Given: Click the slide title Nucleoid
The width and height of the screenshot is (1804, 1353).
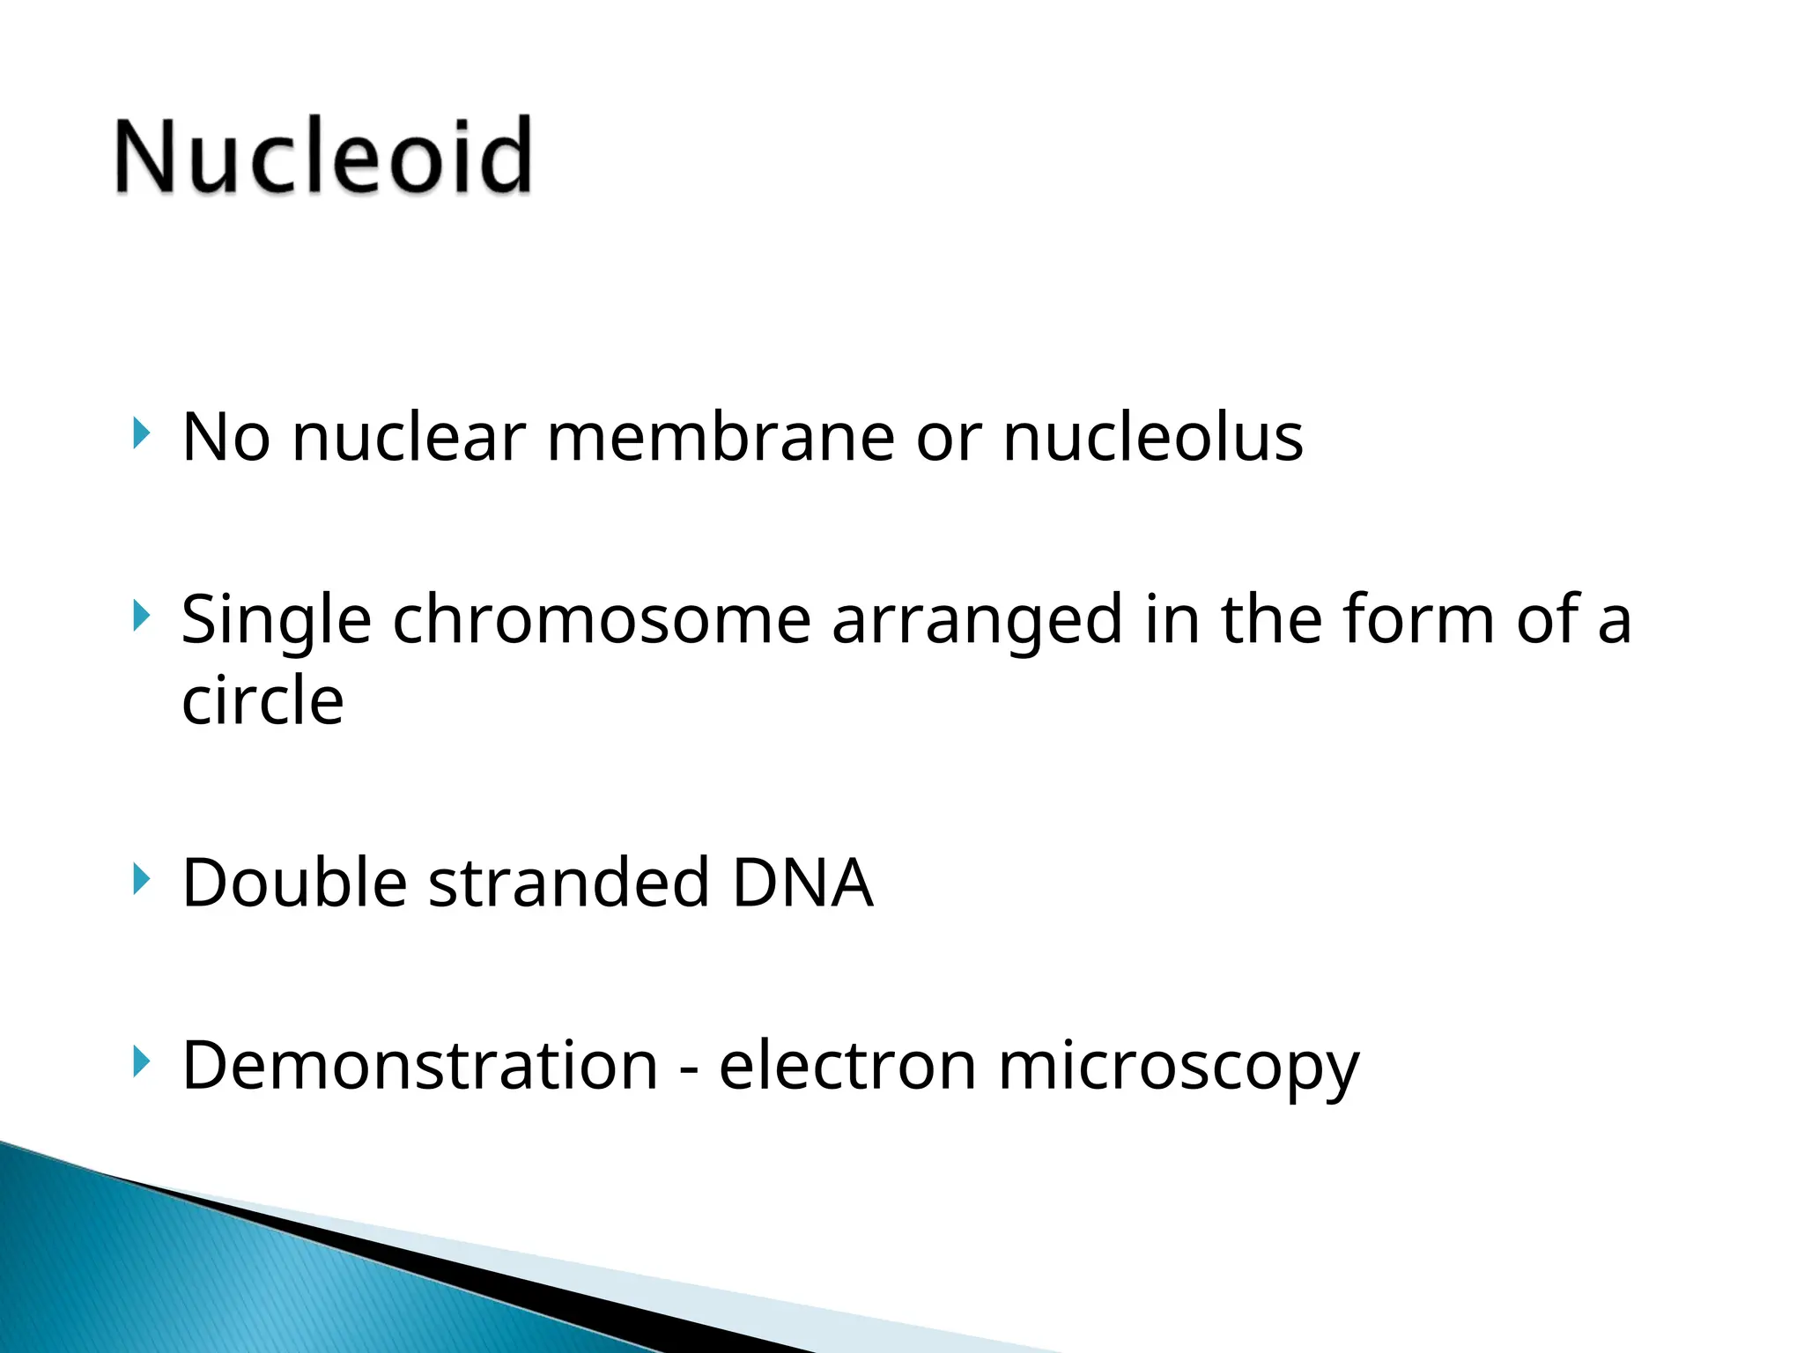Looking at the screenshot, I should click(323, 156).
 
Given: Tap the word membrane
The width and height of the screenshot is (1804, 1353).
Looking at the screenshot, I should click(721, 438).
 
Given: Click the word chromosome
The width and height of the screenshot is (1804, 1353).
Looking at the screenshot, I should click(601, 620).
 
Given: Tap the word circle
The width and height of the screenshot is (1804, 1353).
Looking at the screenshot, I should click(262, 700).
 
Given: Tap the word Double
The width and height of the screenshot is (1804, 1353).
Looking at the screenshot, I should click(294, 883).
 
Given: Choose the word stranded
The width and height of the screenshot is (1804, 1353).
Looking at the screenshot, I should click(569, 883).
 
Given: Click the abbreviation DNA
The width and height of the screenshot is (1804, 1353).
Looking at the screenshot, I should click(802, 883).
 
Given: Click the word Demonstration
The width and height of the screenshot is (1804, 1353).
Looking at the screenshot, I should click(420, 1066).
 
